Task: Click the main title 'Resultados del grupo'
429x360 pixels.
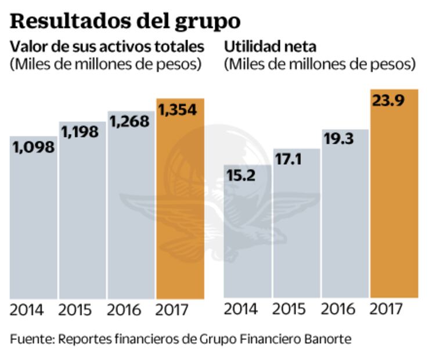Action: point(125,21)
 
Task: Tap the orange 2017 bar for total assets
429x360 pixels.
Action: point(180,203)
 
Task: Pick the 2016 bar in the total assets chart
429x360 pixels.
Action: point(131,209)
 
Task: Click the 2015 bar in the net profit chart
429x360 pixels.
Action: point(297,226)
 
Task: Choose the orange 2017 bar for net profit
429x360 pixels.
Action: point(395,197)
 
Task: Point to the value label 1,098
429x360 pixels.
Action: point(33,147)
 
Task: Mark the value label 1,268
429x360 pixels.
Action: point(131,121)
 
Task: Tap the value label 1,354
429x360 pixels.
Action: point(179,109)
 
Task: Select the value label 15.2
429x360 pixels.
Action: point(241,175)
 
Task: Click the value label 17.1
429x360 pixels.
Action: point(289,159)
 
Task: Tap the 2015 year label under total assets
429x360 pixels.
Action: point(75,309)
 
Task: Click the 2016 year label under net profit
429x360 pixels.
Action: point(338,309)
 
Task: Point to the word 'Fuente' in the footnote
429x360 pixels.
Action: point(30,339)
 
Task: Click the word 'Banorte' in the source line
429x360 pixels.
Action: point(326,339)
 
